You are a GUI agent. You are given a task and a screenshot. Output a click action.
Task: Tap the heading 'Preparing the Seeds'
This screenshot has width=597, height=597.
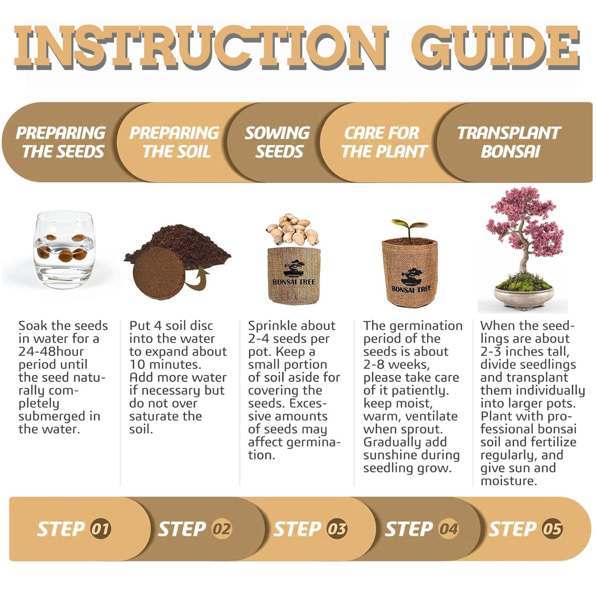click(61, 142)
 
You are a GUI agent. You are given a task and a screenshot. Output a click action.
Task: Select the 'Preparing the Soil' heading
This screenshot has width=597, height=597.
click(175, 142)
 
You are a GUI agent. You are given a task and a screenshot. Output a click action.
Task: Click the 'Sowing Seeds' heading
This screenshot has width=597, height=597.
click(277, 142)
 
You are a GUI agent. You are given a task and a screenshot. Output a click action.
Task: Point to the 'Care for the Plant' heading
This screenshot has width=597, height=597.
click(384, 142)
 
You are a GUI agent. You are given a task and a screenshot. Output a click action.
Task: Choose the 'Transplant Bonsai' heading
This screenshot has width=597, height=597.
click(509, 142)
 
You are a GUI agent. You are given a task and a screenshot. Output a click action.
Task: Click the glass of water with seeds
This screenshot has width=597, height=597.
click(64, 249)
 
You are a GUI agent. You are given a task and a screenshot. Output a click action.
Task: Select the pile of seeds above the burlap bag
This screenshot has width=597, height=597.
click(293, 229)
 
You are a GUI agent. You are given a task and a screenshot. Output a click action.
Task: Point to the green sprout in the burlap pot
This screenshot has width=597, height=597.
click(409, 228)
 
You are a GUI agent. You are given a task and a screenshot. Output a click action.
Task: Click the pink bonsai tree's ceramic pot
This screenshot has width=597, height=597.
click(524, 298)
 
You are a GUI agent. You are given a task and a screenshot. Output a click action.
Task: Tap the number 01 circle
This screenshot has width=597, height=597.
click(100, 529)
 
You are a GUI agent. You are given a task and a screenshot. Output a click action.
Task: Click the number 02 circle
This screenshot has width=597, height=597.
click(222, 529)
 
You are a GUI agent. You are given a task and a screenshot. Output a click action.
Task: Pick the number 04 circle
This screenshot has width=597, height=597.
click(448, 529)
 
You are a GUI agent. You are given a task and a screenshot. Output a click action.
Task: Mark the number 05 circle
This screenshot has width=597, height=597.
click(552, 529)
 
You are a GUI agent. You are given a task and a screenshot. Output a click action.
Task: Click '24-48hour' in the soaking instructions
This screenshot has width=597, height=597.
click(51, 352)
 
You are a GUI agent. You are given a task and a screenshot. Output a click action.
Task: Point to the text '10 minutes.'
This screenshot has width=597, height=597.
click(165, 365)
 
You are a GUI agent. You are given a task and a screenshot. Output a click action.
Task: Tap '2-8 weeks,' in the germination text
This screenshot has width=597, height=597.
click(397, 365)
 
